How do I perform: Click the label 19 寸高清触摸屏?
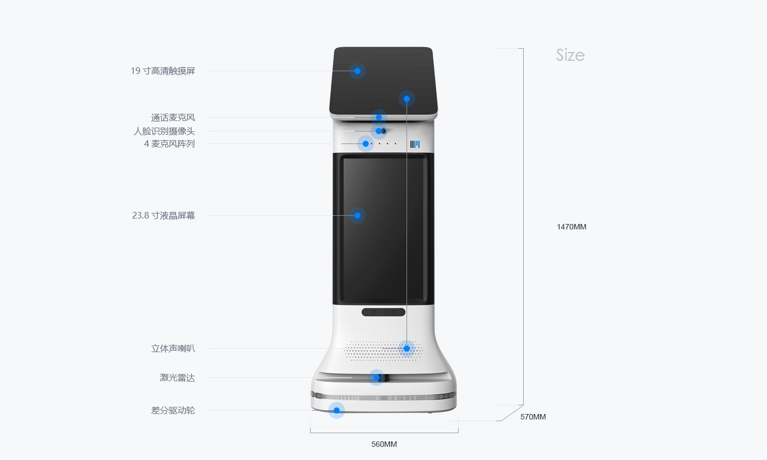[163, 71]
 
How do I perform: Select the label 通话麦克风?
[173, 117]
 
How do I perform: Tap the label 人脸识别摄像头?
[164, 131]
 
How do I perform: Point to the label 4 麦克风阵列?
[169, 143]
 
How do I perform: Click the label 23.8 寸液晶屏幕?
[163, 215]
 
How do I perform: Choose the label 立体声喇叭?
[173, 348]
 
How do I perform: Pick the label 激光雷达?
[177, 377]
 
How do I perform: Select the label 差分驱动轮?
[173, 410]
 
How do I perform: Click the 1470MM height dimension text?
[571, 227]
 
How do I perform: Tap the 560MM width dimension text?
[383, 444]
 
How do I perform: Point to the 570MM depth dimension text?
[533, 417]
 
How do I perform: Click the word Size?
[570, 55]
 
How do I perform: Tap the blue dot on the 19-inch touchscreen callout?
[357, 71]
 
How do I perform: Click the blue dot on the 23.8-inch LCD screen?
[357, 215]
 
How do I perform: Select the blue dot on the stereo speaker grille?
[407, 348]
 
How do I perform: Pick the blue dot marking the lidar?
[376, 377]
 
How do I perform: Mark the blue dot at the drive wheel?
[336, 410]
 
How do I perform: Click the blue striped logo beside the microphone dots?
[415, 144]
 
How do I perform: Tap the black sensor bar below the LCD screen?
[383, 312]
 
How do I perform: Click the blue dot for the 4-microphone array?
[365, 143]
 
